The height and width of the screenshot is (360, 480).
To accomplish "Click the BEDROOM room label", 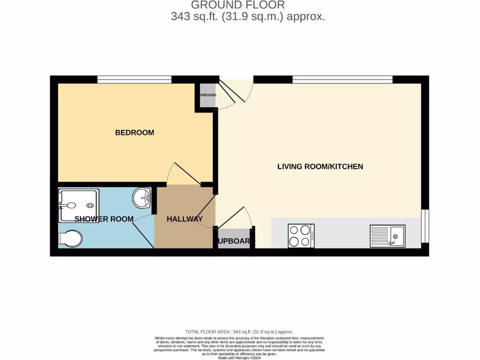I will coord(135,133).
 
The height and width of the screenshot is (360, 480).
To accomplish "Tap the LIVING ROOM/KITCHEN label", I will coord(320,166).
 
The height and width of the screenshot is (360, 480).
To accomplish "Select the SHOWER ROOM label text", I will coord(104,219).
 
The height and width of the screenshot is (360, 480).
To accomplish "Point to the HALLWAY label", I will coord(185,219).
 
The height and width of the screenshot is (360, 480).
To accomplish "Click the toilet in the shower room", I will coord(70,238).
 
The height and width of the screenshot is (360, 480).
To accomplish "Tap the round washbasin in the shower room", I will coord(141,198).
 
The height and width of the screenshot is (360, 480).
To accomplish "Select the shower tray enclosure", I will coord(79,205).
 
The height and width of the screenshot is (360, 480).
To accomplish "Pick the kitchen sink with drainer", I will coord(387,236).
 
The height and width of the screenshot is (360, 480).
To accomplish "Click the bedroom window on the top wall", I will coord(135,79).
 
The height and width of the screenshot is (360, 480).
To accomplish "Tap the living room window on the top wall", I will coord(342,79).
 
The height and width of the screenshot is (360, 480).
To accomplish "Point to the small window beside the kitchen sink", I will coord(425,226).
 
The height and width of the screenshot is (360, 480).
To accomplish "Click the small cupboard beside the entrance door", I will coord(207,96).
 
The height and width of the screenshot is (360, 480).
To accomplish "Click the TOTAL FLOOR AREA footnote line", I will coord(240,332).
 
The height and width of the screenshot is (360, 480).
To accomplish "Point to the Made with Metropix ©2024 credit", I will coord(240,358).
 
